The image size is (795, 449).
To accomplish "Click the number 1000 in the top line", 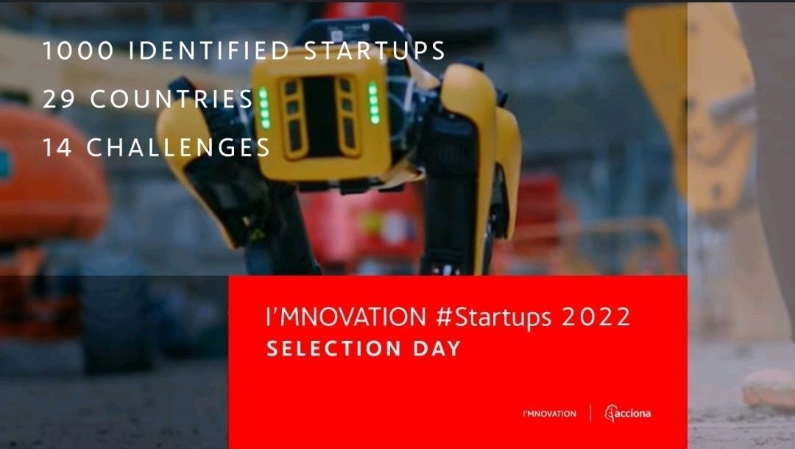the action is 79,51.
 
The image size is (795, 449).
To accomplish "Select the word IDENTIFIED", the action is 209,51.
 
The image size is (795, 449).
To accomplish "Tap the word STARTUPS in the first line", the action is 375,51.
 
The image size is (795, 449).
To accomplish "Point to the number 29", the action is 59,99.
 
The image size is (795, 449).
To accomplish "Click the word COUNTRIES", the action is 172,99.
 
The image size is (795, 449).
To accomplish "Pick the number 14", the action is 57,147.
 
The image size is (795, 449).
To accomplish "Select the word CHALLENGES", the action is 178,147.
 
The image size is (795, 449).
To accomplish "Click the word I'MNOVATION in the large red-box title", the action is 346,317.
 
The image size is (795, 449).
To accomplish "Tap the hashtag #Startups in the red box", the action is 493,318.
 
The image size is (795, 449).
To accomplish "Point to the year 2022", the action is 596,317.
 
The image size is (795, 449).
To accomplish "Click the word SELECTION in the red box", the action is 334,349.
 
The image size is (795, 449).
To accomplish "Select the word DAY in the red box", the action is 437,349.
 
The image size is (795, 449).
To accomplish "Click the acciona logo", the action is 628,414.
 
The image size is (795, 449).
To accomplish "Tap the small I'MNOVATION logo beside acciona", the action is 550,414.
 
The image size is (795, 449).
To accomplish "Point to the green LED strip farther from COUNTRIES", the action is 374,103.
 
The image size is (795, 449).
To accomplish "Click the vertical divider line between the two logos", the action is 590,413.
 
